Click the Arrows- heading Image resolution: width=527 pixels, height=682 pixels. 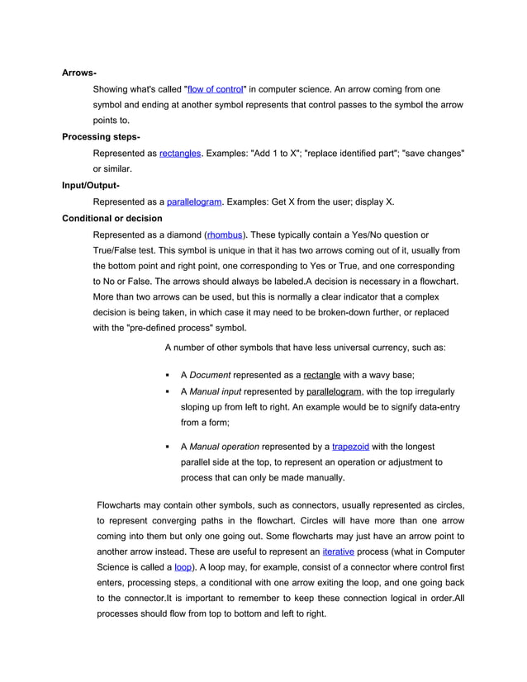pos(79,73)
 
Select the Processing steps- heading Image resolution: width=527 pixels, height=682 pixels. pos(101,137)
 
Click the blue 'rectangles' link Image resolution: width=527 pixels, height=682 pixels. pos(180,153)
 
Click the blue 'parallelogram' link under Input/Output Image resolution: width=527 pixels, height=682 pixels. pos(194,201)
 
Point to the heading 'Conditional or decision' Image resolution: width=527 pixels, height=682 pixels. pos(112,218)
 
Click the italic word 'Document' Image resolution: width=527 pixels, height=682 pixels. pos(210,374)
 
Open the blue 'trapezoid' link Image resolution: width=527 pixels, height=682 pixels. pos(350,447)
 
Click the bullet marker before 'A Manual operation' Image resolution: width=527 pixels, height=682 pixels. pos(168,447)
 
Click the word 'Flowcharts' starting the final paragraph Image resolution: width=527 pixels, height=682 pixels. pos(122,504)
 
